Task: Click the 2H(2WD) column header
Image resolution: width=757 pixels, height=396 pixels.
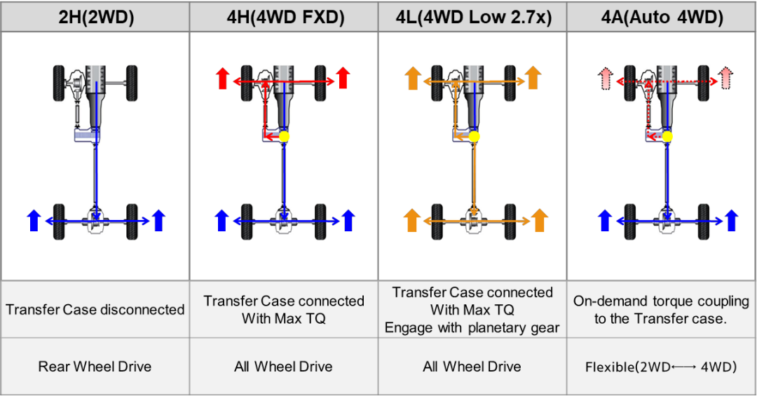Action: click(96, 18)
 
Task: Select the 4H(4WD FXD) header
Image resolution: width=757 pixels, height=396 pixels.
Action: click(285, 18)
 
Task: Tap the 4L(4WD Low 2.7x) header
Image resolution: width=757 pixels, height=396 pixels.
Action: click(474, 18)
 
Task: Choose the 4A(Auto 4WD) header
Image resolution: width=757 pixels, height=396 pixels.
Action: click(662, 18)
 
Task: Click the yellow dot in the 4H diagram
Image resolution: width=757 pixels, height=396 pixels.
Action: click(284, 137)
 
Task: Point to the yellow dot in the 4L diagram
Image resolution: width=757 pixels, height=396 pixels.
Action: click(474, 137)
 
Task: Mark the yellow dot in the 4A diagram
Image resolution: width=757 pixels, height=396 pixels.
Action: click(667, 137)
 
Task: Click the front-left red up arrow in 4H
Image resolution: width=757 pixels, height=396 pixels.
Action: click(223, 78)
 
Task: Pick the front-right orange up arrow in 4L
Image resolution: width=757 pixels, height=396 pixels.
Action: click(533, 78)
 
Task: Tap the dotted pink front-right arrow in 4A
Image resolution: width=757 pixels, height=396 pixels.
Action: click(725, 78)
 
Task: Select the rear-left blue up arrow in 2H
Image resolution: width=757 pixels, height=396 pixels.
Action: click(34, 220)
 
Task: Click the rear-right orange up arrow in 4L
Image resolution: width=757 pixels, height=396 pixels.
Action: click(539, 220)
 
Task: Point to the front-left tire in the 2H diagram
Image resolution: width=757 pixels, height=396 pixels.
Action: click(59, 83)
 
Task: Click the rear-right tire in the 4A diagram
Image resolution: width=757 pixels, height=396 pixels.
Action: click(704, 221)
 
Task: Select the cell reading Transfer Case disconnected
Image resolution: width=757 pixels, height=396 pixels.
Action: click(95, 309)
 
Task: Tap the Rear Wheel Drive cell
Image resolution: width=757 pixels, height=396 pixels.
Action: click(95, 367)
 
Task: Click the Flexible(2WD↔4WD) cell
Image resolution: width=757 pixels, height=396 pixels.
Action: click(661, 367)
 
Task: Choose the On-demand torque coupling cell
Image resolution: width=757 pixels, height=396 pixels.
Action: click(661, 310)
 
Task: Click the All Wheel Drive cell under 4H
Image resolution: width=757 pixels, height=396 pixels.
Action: click(283, 367)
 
